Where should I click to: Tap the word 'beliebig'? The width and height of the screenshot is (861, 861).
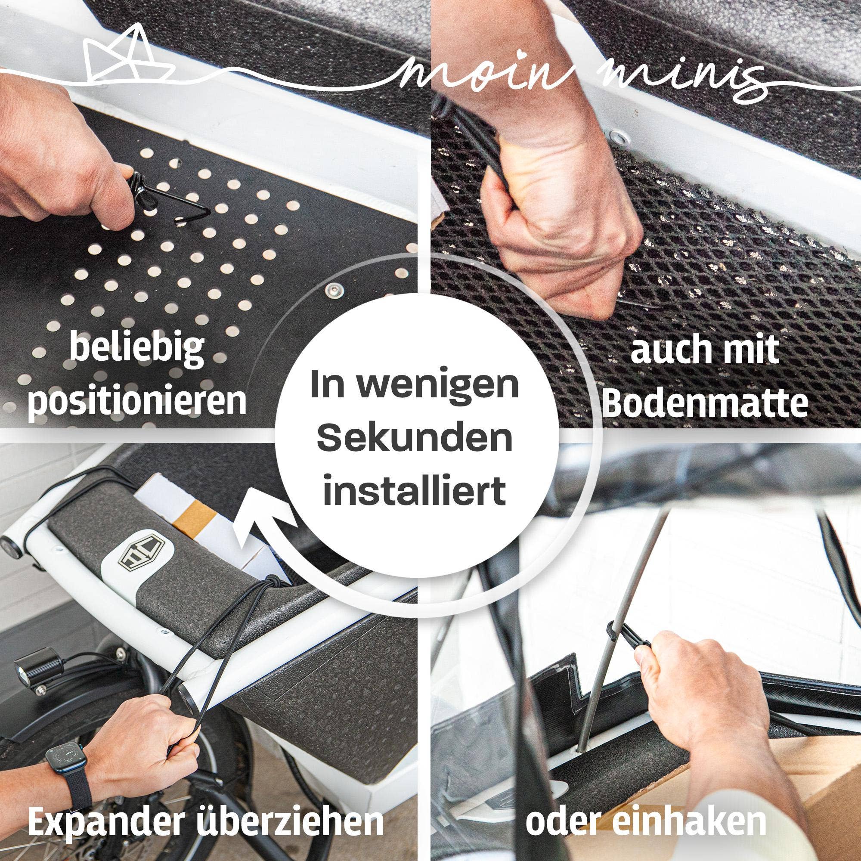pyautogui.click(x=137, y=349)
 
